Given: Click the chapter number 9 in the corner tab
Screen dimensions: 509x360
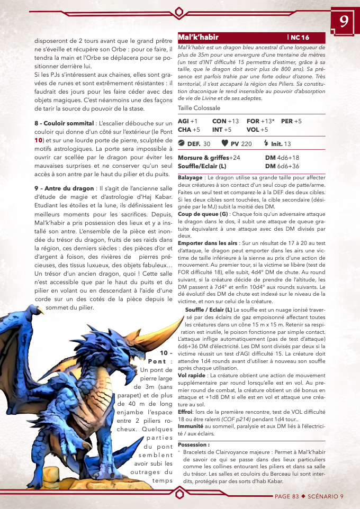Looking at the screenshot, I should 344,22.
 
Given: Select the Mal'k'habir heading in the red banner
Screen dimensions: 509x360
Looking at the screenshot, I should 199,38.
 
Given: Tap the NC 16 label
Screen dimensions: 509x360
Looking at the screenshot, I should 300,38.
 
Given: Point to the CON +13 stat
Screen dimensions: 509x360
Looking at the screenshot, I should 226,121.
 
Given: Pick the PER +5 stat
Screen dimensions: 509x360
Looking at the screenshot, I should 291,121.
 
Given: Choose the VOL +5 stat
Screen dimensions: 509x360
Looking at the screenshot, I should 257,130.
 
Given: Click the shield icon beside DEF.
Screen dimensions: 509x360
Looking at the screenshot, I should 181,143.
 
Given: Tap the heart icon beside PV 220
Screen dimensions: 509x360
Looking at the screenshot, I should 224,143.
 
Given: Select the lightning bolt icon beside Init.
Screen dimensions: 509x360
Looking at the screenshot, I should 266,143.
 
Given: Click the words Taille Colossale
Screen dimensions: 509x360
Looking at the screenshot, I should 199,108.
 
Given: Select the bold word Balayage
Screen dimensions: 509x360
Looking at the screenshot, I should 190,178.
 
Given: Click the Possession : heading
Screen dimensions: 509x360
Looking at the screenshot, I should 193,444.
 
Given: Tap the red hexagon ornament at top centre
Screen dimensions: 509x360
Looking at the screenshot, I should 179,11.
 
